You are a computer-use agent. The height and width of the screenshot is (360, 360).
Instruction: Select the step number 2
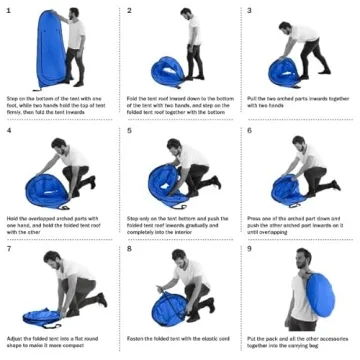pyautogui.click(x=129, y=10)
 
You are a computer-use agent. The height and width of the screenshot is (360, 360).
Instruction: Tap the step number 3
pyautogui.click(x=249, y=10)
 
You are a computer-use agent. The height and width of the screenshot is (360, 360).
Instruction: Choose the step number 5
pyautogui.click(x=129, y=130)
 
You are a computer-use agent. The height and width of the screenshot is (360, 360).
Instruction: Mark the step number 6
pyautogui.click(x=249, y=130)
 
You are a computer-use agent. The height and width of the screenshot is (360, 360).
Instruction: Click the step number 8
pyautogui.click(x=129, y=247)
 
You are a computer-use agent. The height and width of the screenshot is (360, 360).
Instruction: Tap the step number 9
pyautogui.click(x=249, y=247)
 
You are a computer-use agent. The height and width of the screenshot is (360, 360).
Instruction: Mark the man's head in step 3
pyautogui.click(x=318, y=30)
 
